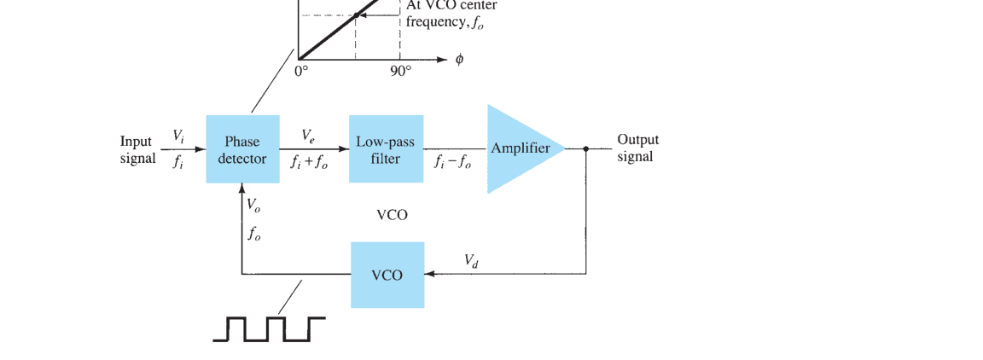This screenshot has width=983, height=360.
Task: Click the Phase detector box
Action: [242, 149]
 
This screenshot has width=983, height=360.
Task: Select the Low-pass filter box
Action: [387, 149]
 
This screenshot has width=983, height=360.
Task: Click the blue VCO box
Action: [387, 275]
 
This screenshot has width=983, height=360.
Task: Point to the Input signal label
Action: [138, 150]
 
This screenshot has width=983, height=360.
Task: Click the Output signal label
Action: [637, 148]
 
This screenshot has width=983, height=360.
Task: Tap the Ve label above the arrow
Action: [308, 135]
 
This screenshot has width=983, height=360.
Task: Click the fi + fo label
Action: [308, 161]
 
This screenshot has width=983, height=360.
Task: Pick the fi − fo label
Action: [452, 161]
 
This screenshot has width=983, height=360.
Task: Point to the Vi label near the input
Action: [178, 135]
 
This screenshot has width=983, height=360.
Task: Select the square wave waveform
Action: [269, 329]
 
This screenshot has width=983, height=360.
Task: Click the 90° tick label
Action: [401, 71]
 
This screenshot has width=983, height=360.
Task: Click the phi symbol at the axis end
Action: [460, 61]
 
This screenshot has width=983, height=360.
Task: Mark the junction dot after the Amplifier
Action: [585, 149]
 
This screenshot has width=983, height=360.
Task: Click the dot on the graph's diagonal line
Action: [356, 15]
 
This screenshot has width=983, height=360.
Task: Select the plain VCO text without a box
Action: [392, 215]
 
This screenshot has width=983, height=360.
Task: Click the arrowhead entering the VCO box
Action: [429, 274]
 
